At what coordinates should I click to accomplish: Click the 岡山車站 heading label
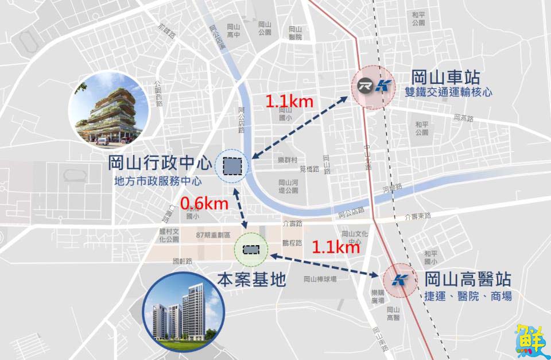click(x=445, y=78)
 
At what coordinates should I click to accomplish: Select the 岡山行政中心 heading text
click(x=160, y=163)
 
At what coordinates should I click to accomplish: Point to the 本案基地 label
click(x=251, y=280)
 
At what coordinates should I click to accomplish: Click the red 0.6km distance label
click(x=204, y=203)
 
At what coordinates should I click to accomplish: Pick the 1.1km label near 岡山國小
click(x=289, y=102)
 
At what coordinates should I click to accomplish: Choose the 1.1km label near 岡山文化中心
click(x=335, y=247)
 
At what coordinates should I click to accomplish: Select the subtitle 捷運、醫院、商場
click(x=468, y=297)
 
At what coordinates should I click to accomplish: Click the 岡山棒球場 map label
click(x=320, y=279)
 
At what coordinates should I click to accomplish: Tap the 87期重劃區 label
click(x=212, y=235)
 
